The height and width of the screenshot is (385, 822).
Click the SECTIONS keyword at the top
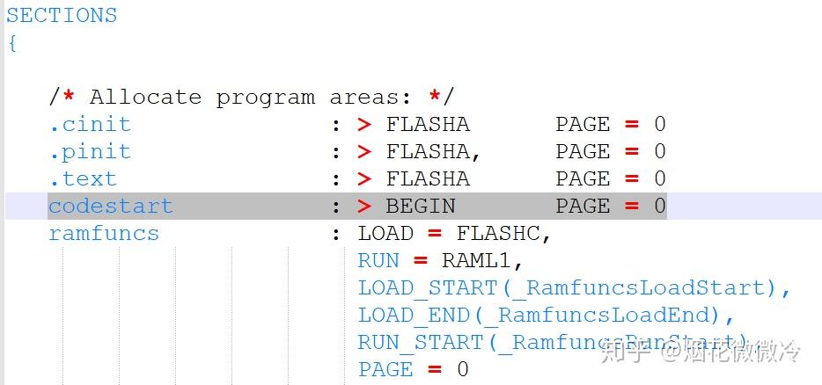62,16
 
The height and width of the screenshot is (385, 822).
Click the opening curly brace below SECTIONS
12,43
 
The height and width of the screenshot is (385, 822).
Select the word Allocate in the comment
145,97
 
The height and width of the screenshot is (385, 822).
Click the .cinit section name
89,124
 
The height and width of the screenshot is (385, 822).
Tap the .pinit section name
89,151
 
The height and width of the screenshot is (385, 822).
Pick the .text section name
82,178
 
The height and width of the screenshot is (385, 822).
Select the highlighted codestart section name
111,207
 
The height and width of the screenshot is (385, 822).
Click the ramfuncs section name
104,234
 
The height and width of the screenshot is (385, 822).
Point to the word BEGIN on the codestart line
421,207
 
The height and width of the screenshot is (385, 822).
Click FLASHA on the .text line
428,178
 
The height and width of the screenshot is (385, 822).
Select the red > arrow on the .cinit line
364,124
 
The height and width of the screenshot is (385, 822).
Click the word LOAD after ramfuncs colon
385,234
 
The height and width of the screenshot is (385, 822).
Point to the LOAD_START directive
428,288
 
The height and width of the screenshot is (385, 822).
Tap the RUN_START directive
421,343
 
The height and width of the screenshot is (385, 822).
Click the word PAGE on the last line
385,370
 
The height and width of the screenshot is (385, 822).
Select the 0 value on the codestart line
659,207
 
